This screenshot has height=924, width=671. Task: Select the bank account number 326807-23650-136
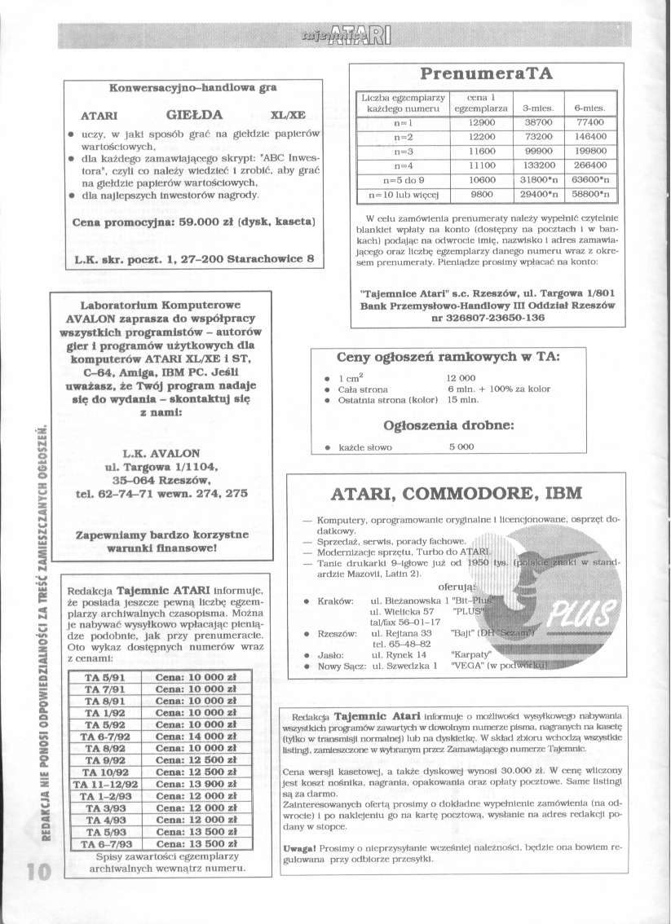click(x=488, y=318)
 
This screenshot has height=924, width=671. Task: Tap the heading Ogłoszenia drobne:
click(x=448, y=425)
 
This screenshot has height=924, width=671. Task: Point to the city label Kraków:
click(x=335, y=601)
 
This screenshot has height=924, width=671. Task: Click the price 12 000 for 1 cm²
click(x=461, y=377)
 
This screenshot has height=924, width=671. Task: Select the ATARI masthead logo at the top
click(x=347, y=33)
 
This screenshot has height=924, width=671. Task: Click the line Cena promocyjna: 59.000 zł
click(x=194, y=222)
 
